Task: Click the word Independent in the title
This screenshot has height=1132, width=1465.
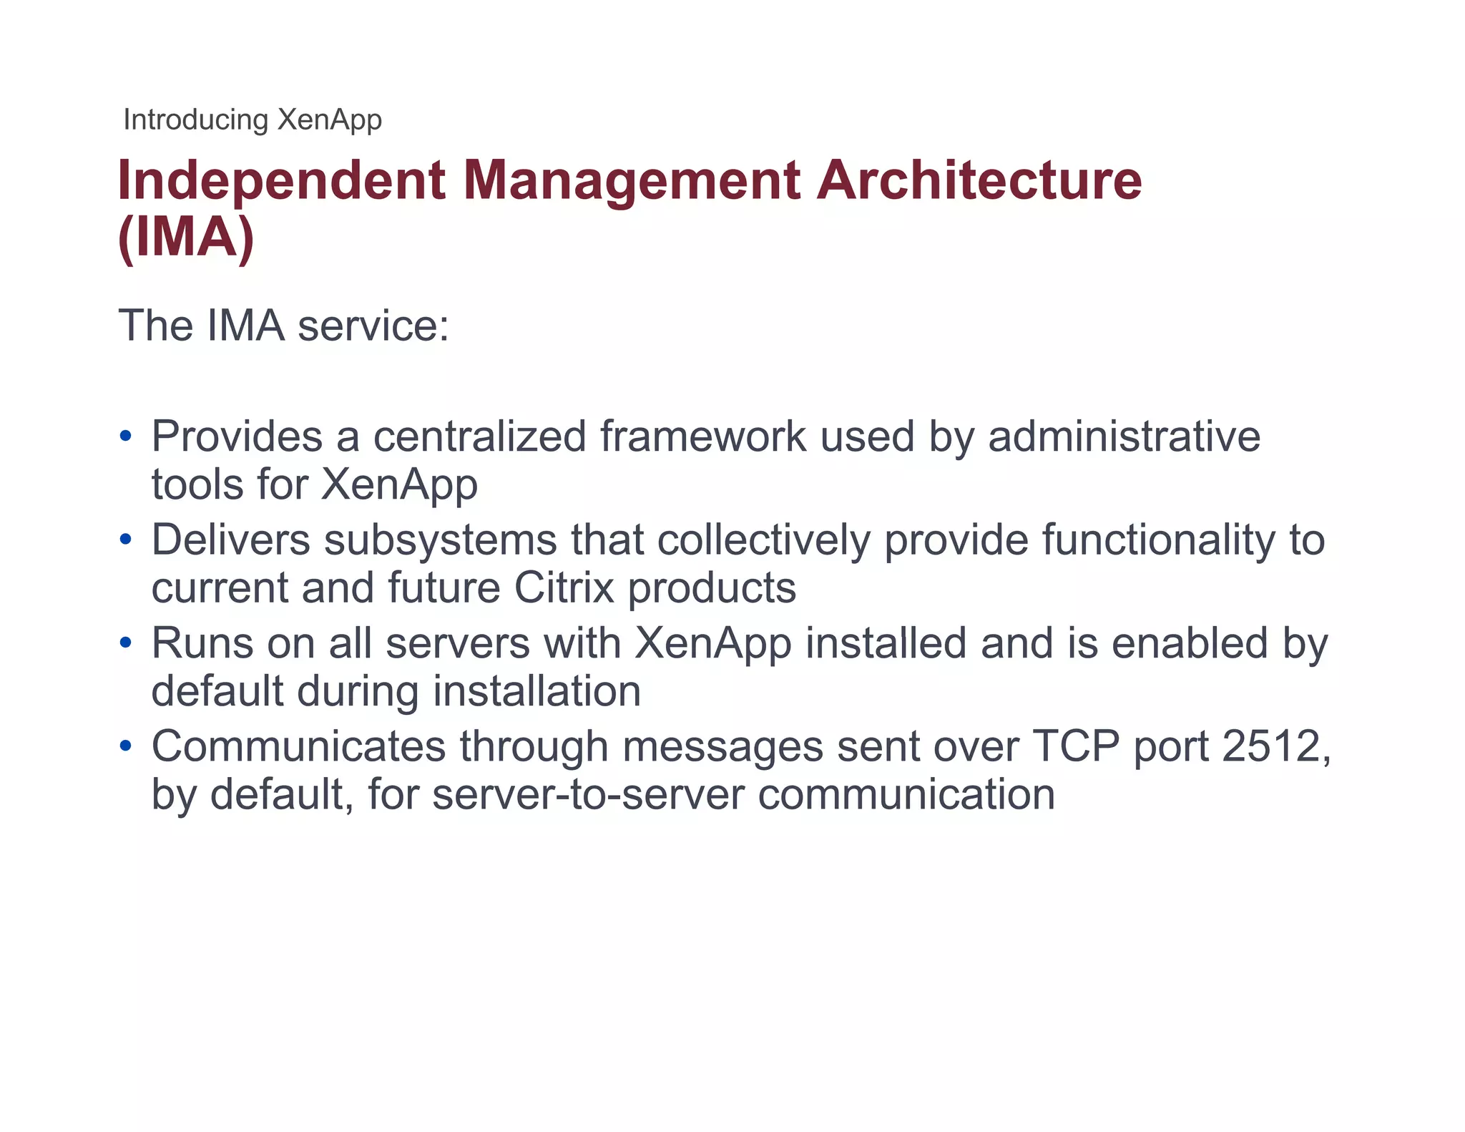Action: (x=282, y=180)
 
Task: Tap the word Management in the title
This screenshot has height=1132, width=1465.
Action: (x=632, y=180)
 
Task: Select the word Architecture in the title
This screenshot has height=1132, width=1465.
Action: (x=979, y=180)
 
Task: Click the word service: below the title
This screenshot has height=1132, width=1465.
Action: (x=373, y=326)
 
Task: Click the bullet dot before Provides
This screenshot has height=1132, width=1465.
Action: (x=126, y=436)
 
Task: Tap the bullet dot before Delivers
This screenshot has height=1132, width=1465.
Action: (x=126, y=540)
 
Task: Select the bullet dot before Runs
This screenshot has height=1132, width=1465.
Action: (x=126, y=643)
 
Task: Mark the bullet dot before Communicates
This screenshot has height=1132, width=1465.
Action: (x=126, y=746)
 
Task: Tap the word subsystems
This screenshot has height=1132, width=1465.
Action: (x=440, y=540)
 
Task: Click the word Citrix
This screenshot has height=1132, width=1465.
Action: (x=564, y=588)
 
